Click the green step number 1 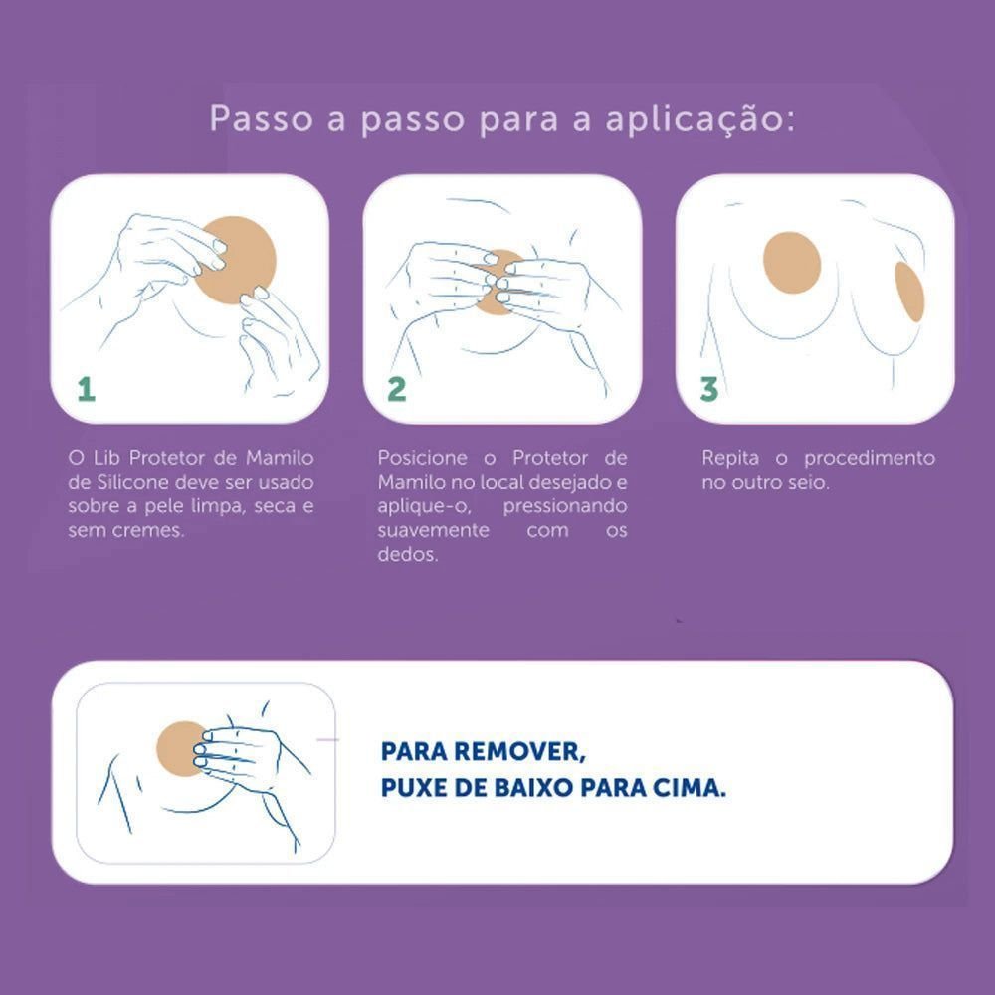point(87,389)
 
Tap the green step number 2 point(397,389)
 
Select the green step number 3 point(708,389)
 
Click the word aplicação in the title point(699,119)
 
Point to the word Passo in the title point(262,118)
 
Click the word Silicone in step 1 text point(133,482)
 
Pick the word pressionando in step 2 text point(565,506)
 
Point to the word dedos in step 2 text point(408,554)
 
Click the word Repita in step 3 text point(730,458)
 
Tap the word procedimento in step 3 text point(870,458)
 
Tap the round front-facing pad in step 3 point(792,263)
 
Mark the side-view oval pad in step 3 point(908,292)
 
